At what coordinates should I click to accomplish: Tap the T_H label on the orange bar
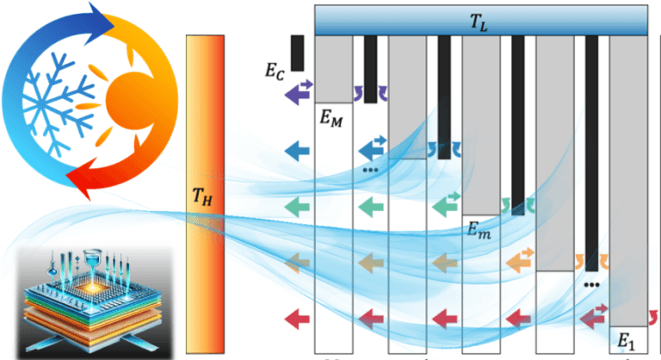(201, 197)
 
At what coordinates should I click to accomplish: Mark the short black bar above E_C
(297, 53)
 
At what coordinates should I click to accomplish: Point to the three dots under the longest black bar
(590, 284)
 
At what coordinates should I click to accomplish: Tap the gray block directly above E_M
(335, 69)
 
